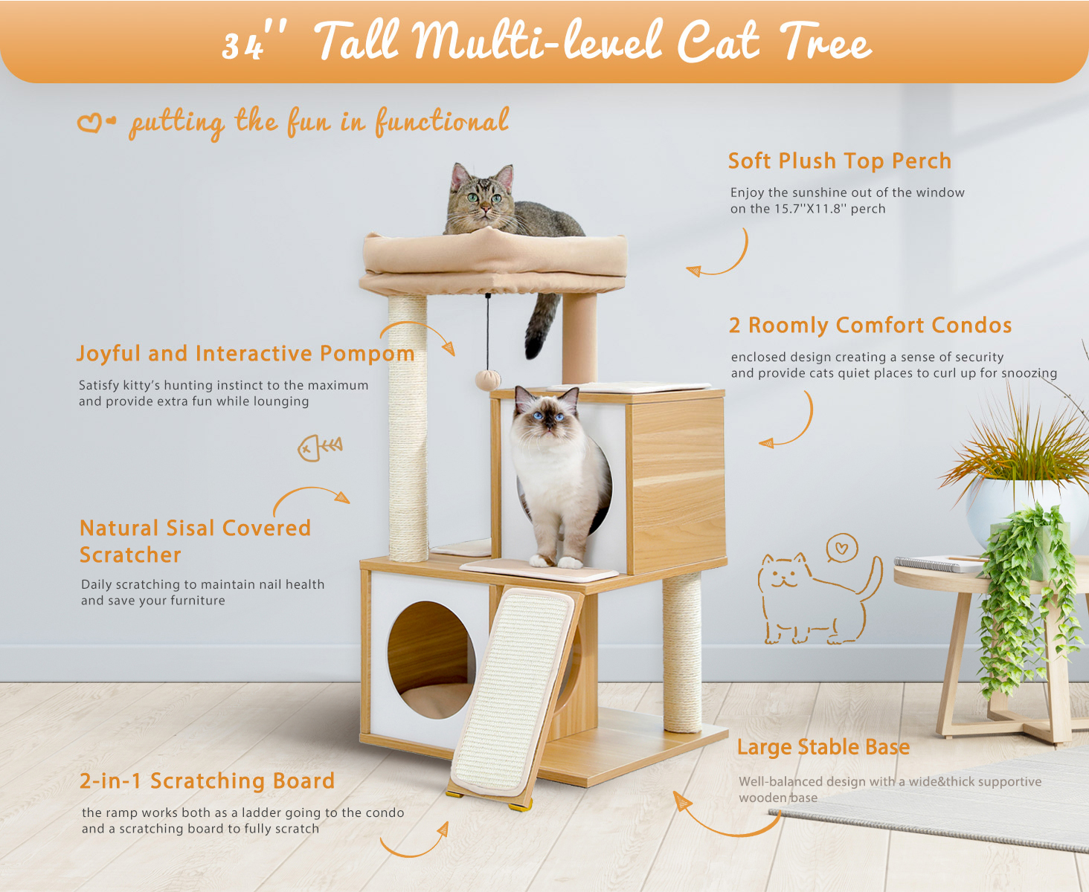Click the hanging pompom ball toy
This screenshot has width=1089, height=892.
coord(487,380)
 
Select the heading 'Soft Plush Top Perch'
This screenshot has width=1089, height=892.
coord(839,161)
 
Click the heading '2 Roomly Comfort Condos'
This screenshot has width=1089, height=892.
coord(870,326)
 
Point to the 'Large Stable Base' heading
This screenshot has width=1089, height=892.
coord(823,748)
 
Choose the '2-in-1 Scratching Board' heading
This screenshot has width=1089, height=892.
coord(207,780)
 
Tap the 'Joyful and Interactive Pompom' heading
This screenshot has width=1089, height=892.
coord(245,354)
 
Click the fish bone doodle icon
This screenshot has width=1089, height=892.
coord(320,447)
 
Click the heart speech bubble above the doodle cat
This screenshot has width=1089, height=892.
coord(841,548)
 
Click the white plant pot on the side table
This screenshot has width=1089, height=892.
coord(1025,511)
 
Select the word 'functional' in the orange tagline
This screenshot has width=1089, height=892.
coord(442,122)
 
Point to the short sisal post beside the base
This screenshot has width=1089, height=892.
coord(682,653)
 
